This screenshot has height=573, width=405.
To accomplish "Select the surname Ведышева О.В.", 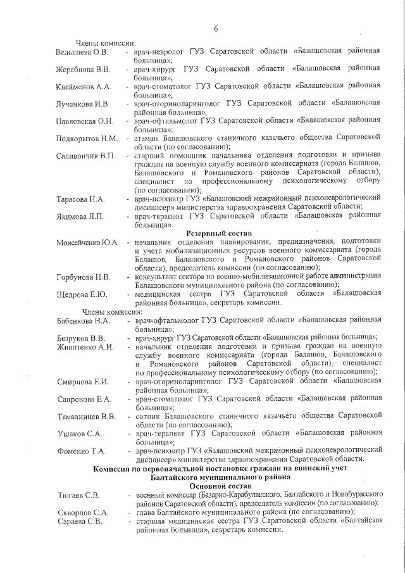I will (x=82, y=51).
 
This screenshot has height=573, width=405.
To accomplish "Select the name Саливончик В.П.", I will (x=85, y=156).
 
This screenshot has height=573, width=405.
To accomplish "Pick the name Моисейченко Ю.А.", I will (x=87, y=243).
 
